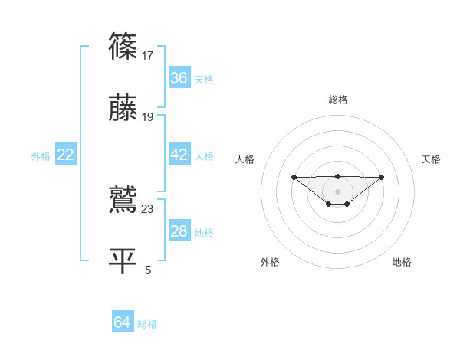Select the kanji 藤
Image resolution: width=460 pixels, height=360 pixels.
coord(123,109)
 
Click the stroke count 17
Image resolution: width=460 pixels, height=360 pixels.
coord(149,55)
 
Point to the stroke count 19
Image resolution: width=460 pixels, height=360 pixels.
coord(149,117)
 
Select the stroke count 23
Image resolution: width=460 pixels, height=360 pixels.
coord(149,209)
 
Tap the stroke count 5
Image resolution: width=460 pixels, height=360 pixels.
coord(148,270)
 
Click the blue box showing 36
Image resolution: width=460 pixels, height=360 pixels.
coord(179,78)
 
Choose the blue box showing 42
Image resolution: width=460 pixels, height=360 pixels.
coord(179,155)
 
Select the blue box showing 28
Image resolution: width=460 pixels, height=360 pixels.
coord(179,232)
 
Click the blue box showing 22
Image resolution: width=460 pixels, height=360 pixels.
coord(66,155)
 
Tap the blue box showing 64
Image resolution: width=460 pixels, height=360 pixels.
coord(123,323)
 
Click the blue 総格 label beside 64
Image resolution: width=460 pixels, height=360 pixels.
coord(147,324)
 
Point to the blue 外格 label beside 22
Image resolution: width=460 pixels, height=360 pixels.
coord(41,156)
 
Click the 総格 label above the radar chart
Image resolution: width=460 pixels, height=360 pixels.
coord(338,100)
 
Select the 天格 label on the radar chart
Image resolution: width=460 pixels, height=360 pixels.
coord(432,159)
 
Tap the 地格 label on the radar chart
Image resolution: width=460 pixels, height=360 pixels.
coord(402,262)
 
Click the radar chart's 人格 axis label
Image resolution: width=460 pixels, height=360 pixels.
coord(245,159)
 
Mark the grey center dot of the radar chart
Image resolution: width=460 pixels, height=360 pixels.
coord(338,191)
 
